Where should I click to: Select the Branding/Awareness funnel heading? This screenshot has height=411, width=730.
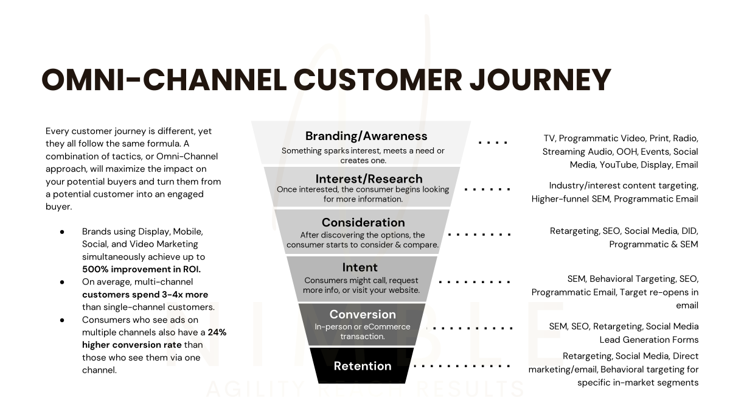[366, 136]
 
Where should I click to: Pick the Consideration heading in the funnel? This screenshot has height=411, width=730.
[363, 222]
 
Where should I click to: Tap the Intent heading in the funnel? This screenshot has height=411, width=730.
[360, 267]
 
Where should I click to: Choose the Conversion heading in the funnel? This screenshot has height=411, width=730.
[362, 314]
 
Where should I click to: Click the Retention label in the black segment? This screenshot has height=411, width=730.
[362, 366]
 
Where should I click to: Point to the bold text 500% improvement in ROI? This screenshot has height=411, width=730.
[141, 269]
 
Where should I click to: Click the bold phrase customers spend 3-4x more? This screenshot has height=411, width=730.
[145, 295]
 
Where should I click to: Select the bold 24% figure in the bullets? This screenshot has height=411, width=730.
[217, 332]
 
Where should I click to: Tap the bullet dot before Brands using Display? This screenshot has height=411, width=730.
[62, 232]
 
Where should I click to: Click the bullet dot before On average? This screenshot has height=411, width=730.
[62, 282]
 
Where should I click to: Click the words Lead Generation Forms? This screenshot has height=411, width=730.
[648, 340]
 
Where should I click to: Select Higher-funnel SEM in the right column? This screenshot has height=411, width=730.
[571, 198]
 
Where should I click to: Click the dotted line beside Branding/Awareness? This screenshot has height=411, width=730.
[493, 142]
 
